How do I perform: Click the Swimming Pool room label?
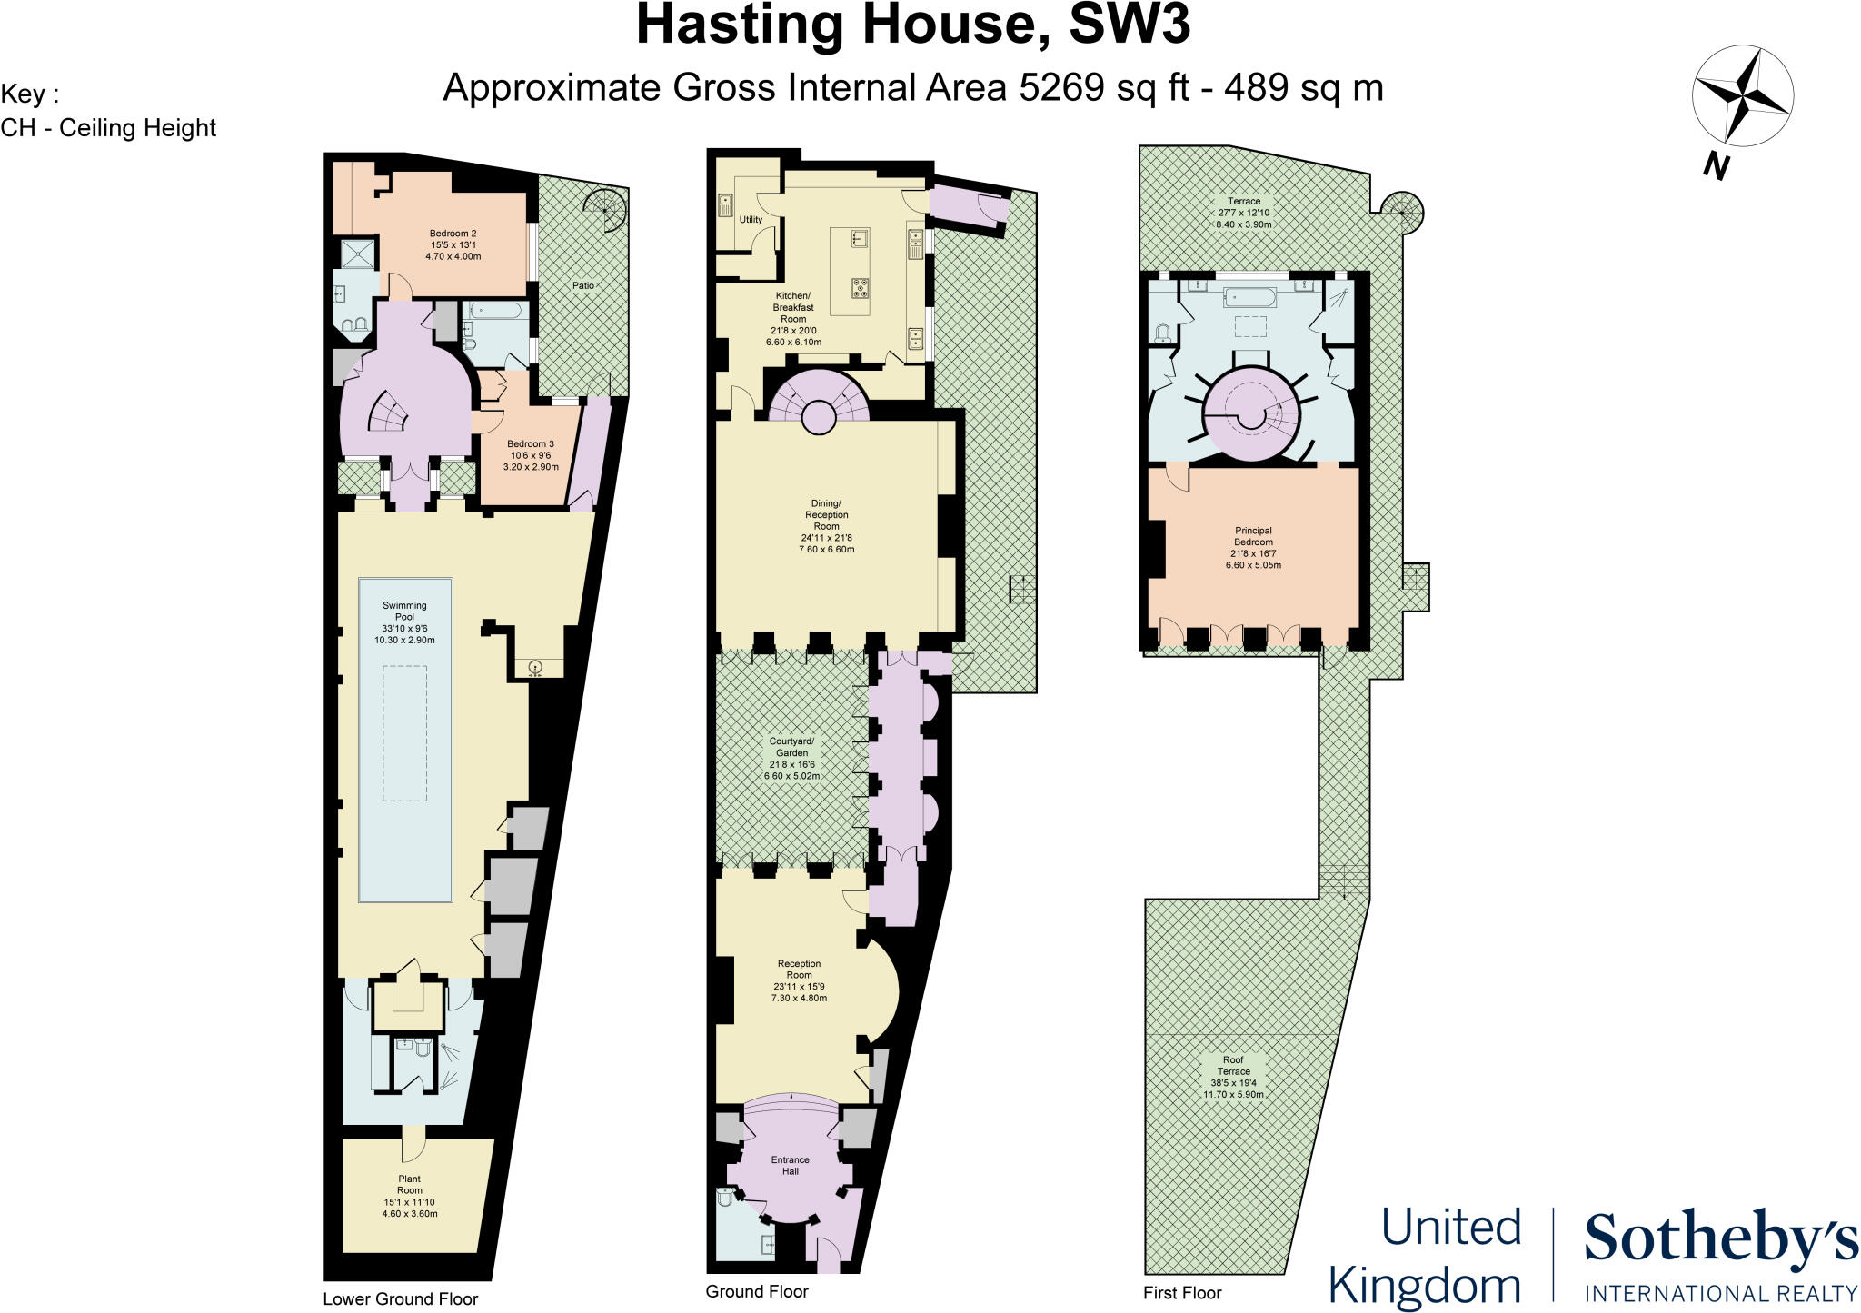(404, 622)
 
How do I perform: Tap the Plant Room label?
(409, 1196)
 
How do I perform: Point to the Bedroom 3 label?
(531, 455)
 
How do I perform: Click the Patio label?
(582, 285)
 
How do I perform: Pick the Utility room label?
(751, 220)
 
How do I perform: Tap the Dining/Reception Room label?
(826, 526)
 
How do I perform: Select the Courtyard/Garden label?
(791, 759)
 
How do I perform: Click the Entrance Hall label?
(790, 1165)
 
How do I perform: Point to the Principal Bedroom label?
(1253, 548)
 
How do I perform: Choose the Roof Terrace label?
(1233, 1077)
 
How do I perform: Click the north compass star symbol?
(1742, 96)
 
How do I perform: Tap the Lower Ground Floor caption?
(400, 1298)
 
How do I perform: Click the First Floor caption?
(1182, 1292)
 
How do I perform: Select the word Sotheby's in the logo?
(1720, 1240)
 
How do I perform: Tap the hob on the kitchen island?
(859, 289)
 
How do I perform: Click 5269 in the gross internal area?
(1061, 88)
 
